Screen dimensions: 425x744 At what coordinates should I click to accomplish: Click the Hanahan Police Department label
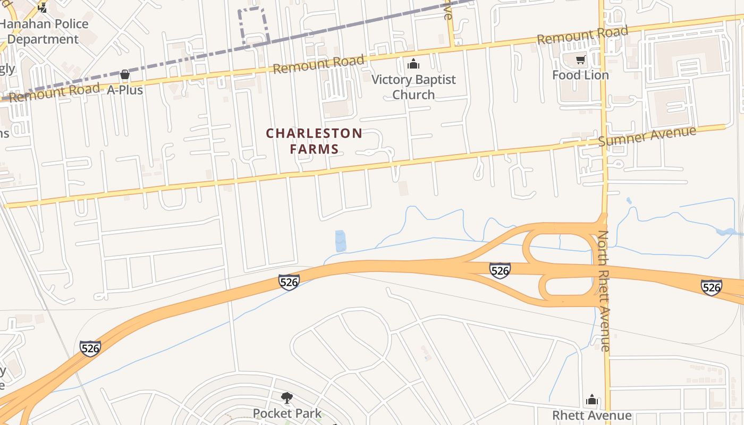point(44,31)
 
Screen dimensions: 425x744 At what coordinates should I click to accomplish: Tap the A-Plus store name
point(125,90)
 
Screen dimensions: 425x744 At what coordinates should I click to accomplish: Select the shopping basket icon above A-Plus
point(125,75)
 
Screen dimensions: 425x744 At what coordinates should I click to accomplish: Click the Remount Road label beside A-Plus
point(54,92)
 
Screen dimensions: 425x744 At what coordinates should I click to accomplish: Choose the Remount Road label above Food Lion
point(582,35)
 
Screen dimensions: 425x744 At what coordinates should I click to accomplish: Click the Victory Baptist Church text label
point(413,87)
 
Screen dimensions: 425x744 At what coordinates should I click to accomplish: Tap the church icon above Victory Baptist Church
point(413,65)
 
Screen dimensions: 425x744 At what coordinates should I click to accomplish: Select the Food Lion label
point(580,75)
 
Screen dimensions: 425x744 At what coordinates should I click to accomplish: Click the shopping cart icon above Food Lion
point(580,59)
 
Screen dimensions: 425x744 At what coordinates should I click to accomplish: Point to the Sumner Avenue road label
point(647,136)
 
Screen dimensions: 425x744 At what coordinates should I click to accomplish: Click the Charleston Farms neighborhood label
point(314,141)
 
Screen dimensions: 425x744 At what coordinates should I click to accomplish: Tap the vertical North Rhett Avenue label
point(604,291)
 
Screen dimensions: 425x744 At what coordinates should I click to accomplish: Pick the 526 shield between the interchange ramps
point(500,270)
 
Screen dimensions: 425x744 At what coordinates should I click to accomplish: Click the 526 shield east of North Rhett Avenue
point(711,287)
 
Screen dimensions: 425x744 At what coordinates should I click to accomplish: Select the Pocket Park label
point(287,413)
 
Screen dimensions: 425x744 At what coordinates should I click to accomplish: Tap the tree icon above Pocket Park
point(287,397)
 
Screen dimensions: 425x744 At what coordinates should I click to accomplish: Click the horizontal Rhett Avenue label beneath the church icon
point(592,415)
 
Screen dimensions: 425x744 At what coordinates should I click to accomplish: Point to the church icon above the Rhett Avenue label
point(592,400)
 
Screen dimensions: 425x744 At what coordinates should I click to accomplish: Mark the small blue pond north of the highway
point(341,241)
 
